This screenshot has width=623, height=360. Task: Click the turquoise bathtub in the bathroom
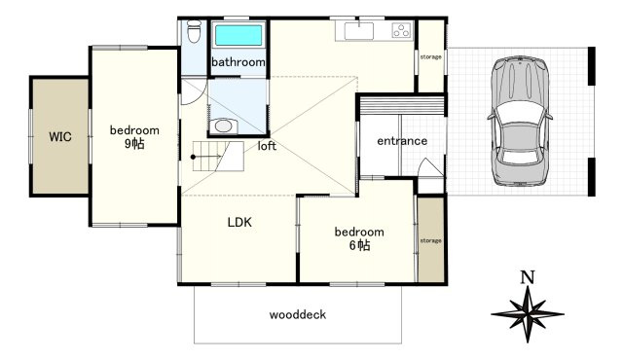click(238, 35)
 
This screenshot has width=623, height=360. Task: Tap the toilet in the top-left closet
click(194, 31)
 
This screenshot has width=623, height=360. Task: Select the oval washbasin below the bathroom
click(223, 126)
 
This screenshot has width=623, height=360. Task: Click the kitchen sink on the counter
click(359, 31)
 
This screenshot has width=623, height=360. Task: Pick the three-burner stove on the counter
click(401, 30)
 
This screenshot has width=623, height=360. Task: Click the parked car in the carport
click(521, 121)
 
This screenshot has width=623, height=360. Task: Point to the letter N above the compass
click(528, 277)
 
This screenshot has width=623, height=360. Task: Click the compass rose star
click(528, 314)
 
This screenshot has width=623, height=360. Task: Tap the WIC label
click(60, 137)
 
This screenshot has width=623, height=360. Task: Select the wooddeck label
click(298, 314)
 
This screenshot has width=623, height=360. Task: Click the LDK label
click(239, 222)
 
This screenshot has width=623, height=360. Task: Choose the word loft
click(267, 146)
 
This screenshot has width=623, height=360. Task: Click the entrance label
click(402, 141)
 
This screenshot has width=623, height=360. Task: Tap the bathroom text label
click(238, 62)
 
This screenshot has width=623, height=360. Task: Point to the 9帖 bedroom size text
click(134, 143)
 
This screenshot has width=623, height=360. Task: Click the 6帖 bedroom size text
click(359, 245)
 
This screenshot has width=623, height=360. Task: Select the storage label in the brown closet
click(431, 240)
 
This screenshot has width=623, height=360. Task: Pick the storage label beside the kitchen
click(431, 56)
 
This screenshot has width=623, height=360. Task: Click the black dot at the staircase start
click(193, 158)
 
